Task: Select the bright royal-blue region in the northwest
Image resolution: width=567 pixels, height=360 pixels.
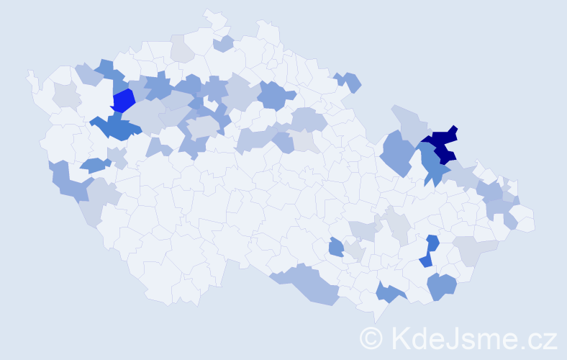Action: pyautogui.click(x=124, y=100)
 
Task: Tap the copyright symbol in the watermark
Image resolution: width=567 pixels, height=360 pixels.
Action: pyautogui.click(x=372, y=337)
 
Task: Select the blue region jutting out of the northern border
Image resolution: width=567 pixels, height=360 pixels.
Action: pyautogui.click(x=348, y=81)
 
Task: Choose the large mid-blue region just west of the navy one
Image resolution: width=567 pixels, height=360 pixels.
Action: pyautogui.click(x=397, y=152)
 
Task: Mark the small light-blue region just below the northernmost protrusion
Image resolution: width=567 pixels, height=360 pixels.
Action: pyautogui.click(x=224, y=44)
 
